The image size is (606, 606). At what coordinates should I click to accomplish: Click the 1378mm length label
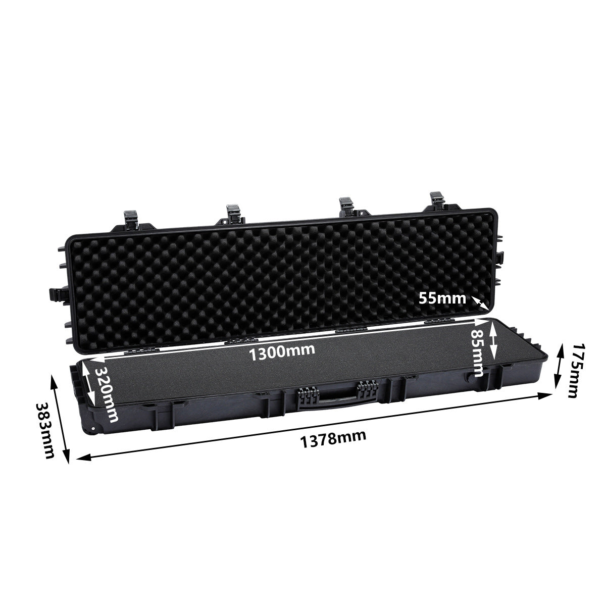pos(333,436)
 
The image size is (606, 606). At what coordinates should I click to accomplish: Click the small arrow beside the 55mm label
pos(480,302)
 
